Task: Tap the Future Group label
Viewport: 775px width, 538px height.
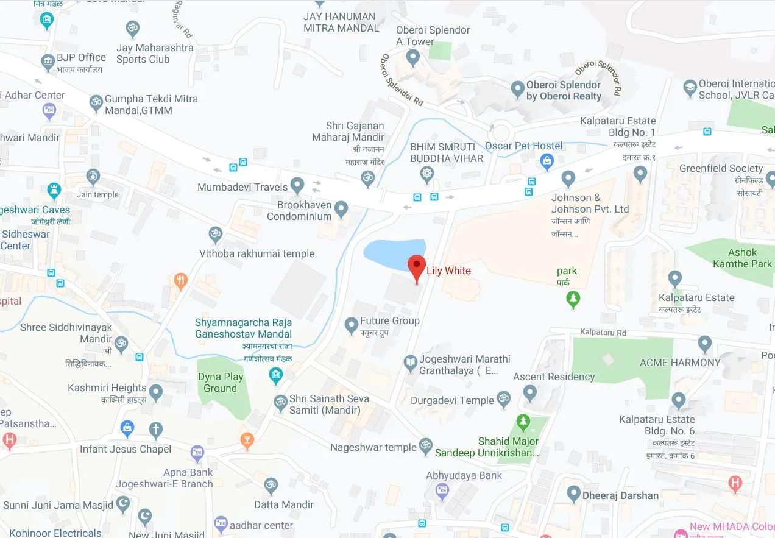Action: coord(389,320)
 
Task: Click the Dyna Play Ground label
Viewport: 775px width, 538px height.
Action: coord(220,383)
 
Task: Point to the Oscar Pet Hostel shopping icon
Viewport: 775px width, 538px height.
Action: coord(547,161)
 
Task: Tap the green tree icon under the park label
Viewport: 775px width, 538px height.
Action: coord(573,299)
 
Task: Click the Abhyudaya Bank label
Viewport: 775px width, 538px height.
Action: coord(464,475)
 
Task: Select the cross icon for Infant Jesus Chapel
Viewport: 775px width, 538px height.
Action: coord(156,430)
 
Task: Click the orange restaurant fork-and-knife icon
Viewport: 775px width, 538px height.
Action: coord(180,281)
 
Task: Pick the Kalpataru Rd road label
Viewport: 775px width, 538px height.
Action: coord(603,333)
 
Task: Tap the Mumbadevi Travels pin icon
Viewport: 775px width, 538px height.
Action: coord(297,185)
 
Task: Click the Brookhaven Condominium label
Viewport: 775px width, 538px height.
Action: coord(299,211)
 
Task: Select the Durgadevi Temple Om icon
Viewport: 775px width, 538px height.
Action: coord(503,400)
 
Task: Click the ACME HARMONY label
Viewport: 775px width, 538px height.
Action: coord(680,363)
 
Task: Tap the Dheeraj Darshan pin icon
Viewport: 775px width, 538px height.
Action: coord(573,494)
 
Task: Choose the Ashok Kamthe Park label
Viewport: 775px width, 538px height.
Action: coord(742,258)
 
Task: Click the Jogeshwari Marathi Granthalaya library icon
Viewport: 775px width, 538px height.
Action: coord(411,364)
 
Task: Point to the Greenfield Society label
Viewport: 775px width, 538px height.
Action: coord(721,168)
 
